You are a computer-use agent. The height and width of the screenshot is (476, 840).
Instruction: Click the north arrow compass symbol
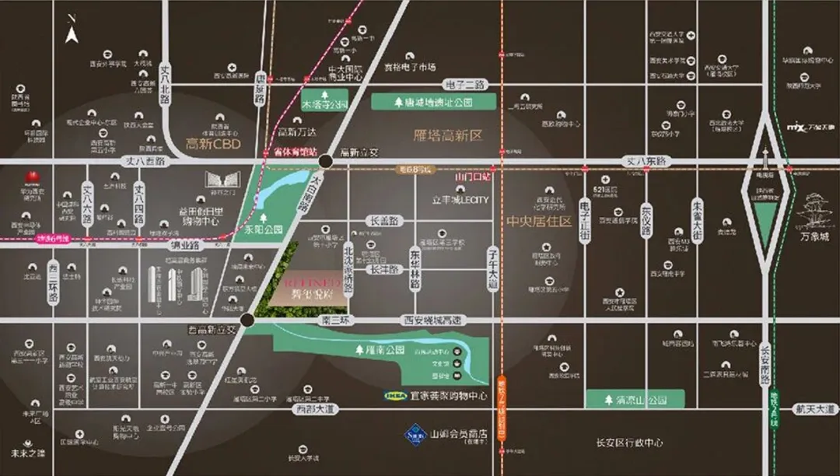72,34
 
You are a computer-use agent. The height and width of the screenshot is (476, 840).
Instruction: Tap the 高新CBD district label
214,145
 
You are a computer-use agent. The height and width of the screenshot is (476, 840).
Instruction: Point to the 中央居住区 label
539,222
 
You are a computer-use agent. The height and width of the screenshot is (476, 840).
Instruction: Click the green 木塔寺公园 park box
325,103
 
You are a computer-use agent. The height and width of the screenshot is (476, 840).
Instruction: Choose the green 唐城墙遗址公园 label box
433,102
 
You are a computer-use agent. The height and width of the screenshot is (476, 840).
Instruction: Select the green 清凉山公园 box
635,400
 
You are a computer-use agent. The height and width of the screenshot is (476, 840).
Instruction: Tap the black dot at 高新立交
326,161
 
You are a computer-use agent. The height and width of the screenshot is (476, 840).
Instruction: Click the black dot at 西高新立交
247,320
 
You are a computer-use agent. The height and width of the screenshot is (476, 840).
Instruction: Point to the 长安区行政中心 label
629,443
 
